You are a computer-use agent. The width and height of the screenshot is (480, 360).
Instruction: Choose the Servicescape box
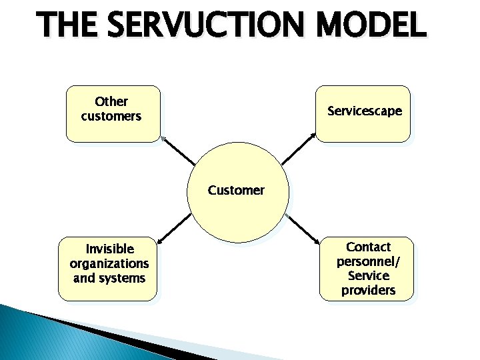point(363,113)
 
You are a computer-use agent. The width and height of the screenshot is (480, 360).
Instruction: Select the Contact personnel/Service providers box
point(367,268)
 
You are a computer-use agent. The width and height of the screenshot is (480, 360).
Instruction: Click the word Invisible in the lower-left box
point(109,249)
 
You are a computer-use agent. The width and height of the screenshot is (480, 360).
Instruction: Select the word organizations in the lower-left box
point(109,263)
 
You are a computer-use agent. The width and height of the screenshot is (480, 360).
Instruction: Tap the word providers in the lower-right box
point(368,290)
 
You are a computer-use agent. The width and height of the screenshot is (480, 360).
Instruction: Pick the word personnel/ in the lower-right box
point(368,261)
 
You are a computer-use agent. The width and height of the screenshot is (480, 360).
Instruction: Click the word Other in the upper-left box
point(111,102)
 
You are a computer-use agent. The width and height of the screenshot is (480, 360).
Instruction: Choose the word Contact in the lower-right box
point(368,247)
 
